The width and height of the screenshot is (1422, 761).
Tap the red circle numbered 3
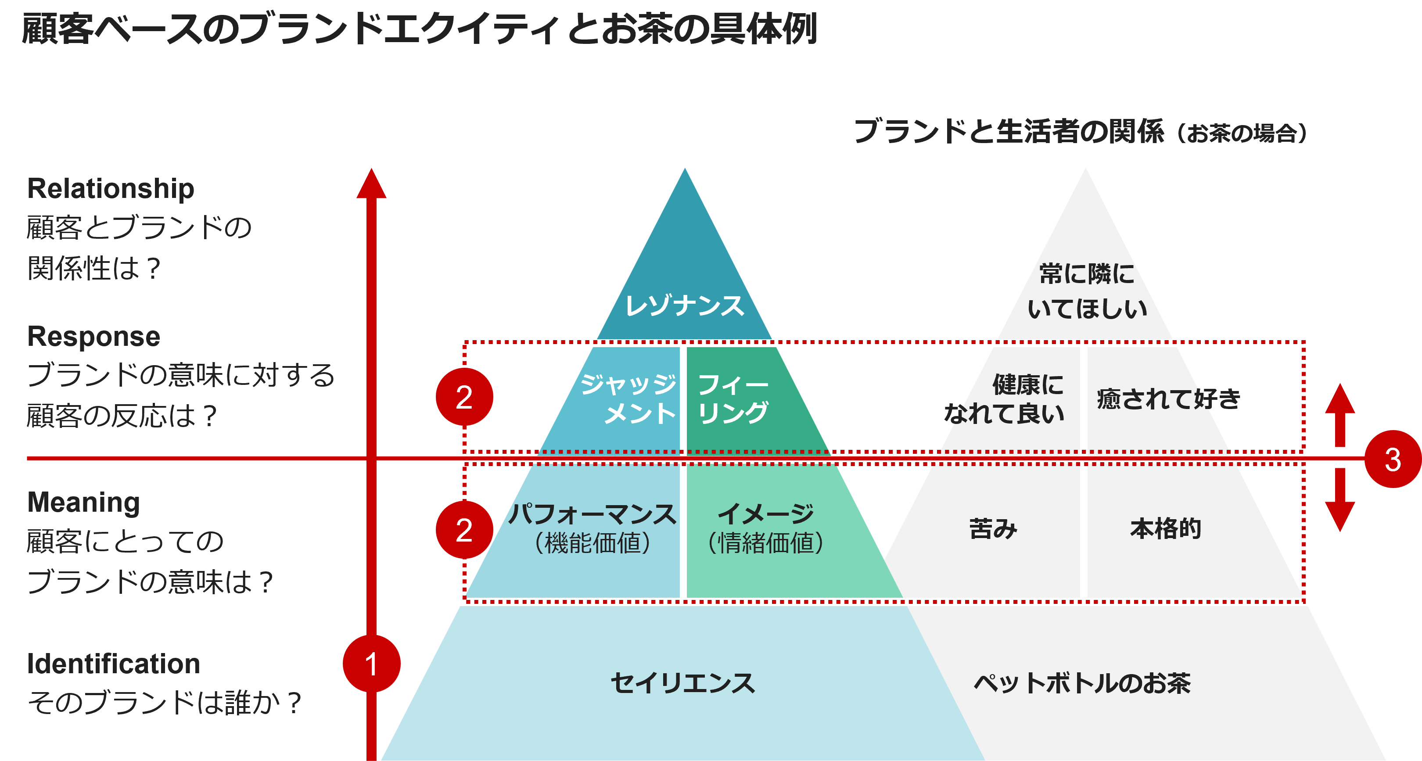1392,459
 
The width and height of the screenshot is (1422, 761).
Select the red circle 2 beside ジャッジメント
464,397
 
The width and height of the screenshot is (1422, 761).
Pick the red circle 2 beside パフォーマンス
464,530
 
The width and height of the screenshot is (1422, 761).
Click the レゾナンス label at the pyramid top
685,305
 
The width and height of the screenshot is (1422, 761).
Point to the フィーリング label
733,398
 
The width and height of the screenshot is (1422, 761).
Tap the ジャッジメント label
629,398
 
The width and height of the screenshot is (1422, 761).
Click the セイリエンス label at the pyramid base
683,683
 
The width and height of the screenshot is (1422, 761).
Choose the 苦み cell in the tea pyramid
993,529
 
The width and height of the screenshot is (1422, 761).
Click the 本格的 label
1166,529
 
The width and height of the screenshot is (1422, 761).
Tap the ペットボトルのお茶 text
1082,683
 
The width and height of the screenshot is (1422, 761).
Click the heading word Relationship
111,189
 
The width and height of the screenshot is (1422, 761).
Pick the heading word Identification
114,663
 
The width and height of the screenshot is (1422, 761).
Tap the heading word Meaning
83,502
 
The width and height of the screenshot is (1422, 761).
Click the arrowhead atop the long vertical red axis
371,185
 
